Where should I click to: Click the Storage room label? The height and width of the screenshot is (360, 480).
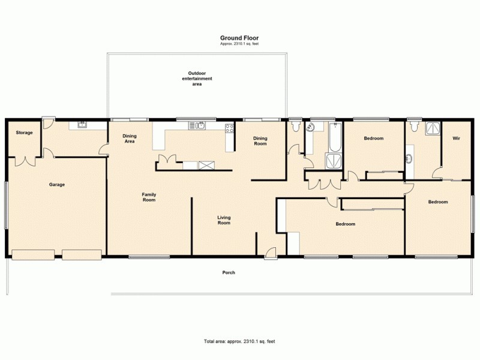click(24, 133)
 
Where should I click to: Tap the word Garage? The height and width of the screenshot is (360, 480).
click(57, 184)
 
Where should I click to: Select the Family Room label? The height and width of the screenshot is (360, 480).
click(149, 197)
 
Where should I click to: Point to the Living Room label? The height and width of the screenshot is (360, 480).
click(224, 220)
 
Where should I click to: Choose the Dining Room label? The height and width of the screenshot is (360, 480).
click(260, 141)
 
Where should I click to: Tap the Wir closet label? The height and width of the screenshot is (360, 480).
click(455, 139)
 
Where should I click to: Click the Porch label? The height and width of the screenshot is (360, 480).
click(229, 272)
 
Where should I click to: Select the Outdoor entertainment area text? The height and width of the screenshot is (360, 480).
click(197, 79)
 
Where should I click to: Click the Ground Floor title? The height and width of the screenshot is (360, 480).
click(239, 38)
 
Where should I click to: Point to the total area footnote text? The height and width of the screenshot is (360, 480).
click(239, 341)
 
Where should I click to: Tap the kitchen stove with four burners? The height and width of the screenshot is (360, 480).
click(229, 127)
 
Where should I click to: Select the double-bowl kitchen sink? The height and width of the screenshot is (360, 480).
click(197, 125)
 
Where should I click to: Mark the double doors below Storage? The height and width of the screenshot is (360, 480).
click(25, 161)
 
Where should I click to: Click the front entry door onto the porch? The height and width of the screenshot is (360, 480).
click(271, 254)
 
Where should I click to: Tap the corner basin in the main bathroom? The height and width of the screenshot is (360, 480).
click(311, 127)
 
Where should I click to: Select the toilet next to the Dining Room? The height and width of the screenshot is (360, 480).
click(295, 127)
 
